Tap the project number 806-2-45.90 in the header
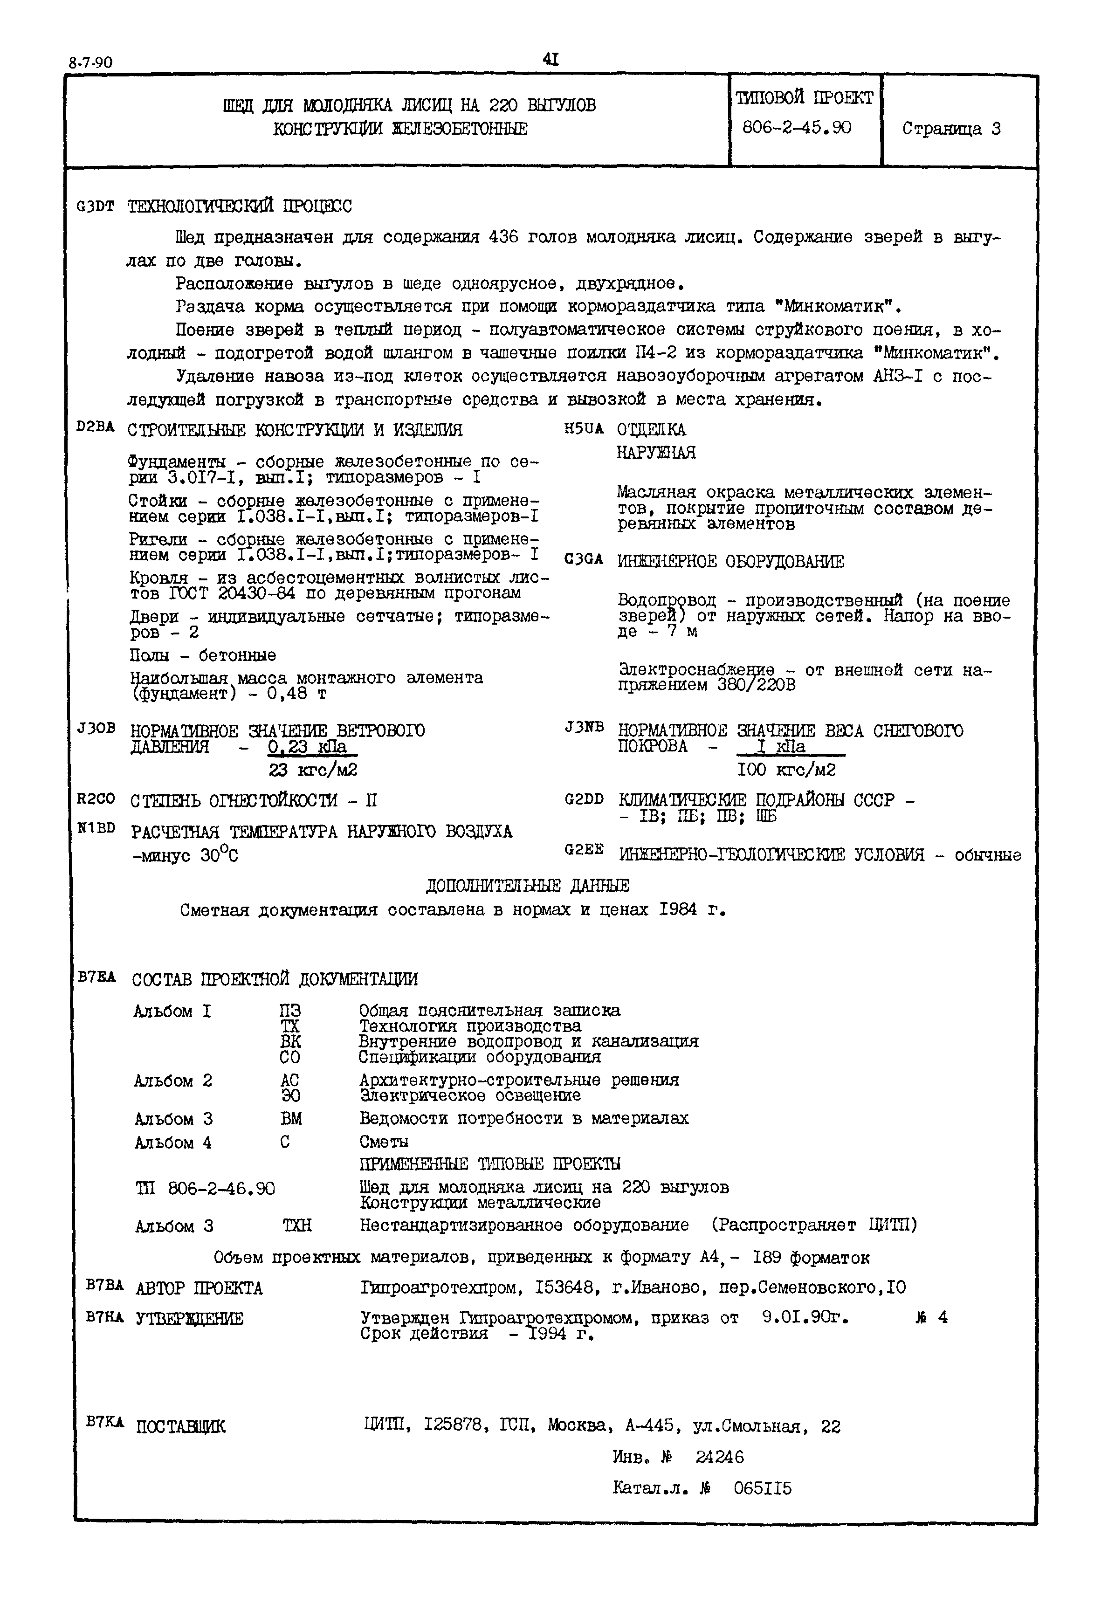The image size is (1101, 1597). [x=797, y=128]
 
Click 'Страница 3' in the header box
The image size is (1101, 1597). [x=951, y=129]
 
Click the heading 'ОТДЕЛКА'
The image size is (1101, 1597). [x=651, y=430]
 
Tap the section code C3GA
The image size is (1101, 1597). [x=584, y=560]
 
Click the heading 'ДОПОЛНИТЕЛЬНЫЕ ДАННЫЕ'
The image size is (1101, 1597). [x=527, y=886]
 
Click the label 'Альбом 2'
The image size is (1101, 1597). [x=173, y=1081]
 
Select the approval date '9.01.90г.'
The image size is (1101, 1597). [x=805, y=1318]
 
